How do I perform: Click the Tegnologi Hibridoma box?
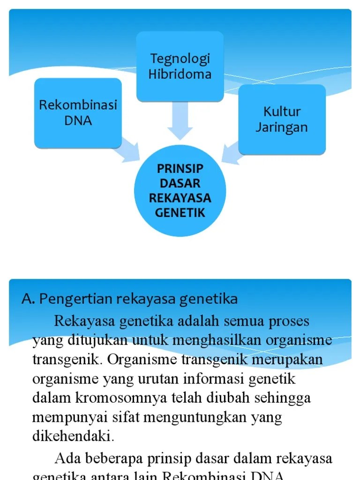coord(180,66)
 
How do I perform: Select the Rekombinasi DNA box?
coord(78,112)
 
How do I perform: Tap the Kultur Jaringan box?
coord(282,120)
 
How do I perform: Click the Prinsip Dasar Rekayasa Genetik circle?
coord(180,191)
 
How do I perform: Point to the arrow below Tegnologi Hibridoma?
coord(180,121)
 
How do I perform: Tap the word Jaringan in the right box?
coord(282,127)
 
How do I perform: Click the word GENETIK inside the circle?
coord(180,212)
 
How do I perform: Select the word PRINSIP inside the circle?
coord(180,168)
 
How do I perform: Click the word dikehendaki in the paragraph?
coord(73,436)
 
